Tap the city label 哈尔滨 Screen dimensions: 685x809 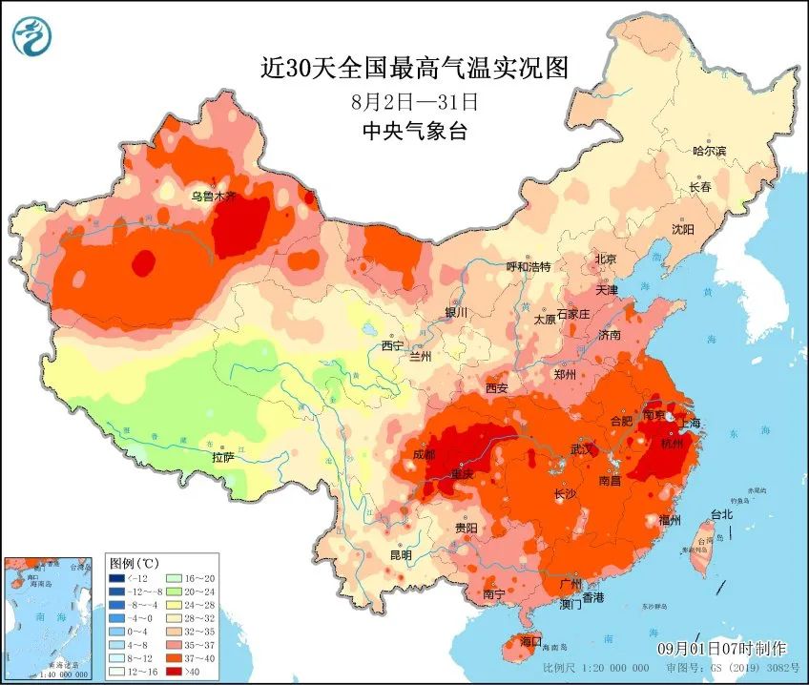coord(709,151)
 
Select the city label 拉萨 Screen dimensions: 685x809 coord(223,458)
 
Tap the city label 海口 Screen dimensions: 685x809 coord(529,640)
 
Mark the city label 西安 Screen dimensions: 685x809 coord(497,388)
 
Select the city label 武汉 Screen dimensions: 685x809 coord(582,448)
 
